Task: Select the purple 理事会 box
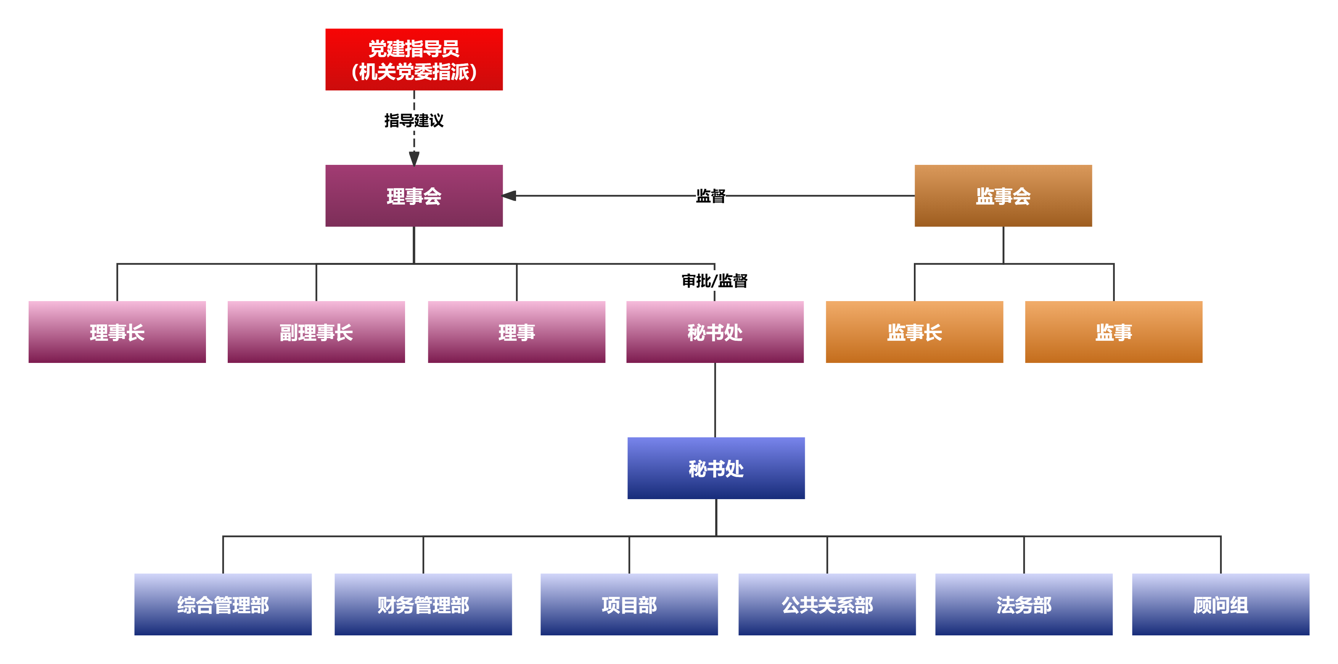[413, 195]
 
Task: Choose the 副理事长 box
[316, 332]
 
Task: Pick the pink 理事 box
[516, 332]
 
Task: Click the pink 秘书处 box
[715, 332]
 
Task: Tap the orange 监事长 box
[914, 332]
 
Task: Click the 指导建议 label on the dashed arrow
[413, 121]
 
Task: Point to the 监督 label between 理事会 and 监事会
[710, 196]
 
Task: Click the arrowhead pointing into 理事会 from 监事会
[510, 195]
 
